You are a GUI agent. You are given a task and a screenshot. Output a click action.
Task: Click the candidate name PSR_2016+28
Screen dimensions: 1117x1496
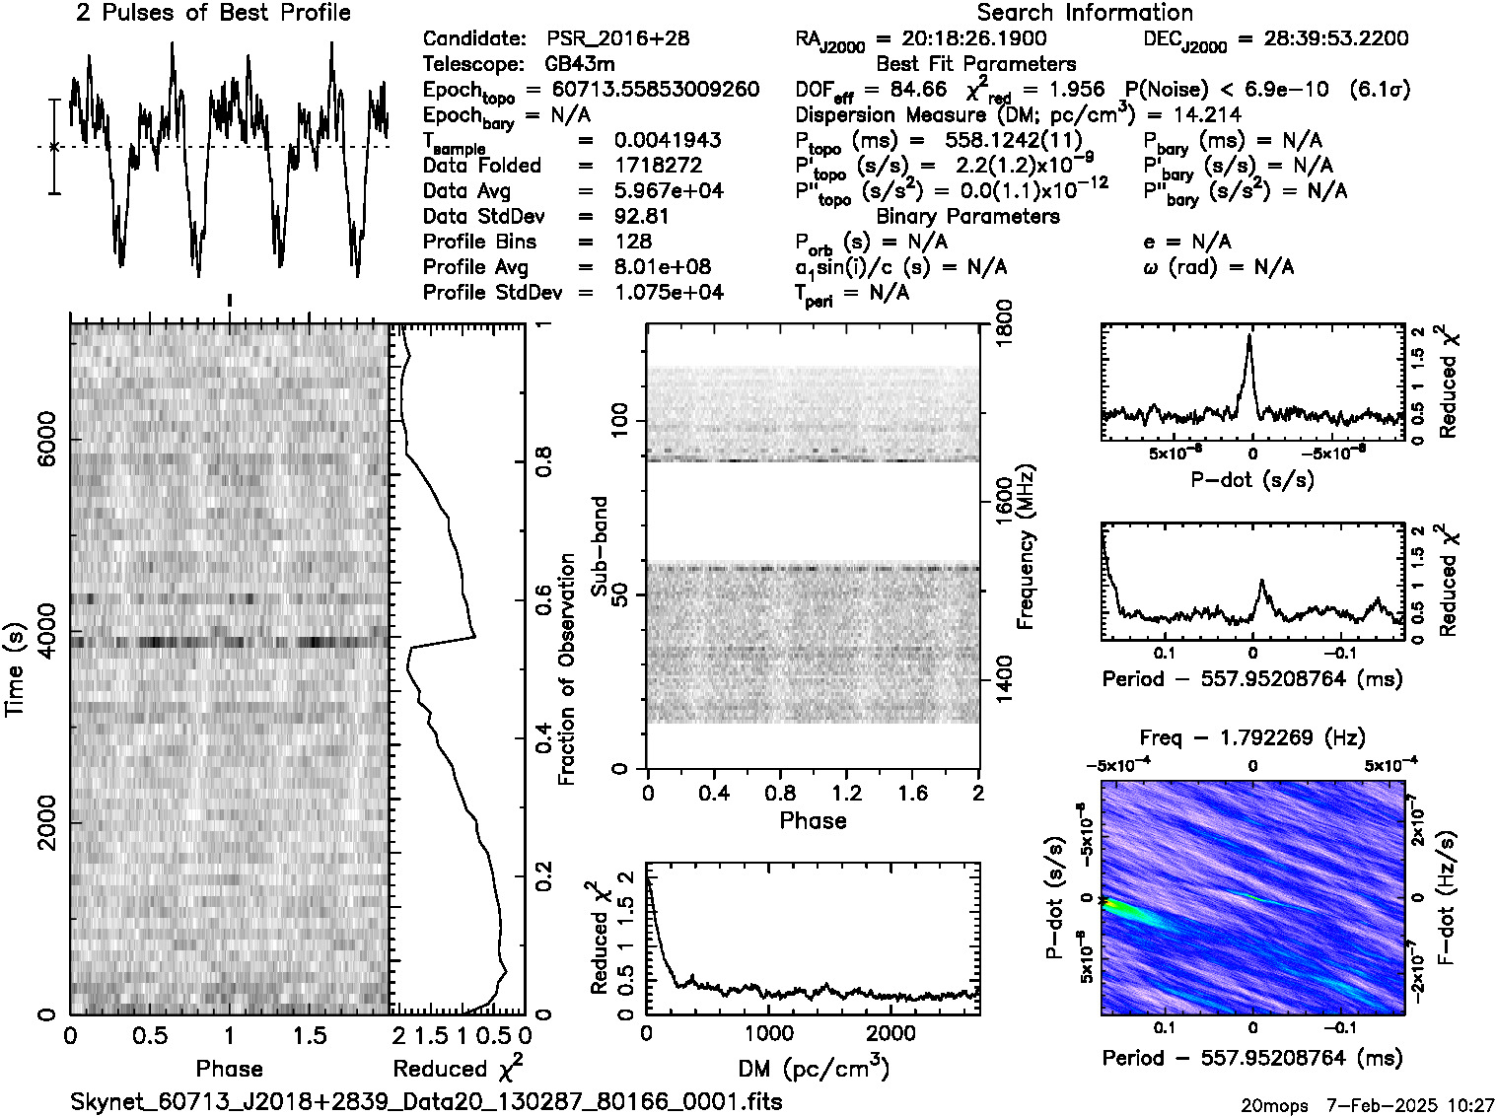[x=618, y=39]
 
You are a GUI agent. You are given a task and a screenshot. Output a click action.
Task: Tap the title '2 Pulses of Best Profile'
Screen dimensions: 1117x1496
[x=213, y=14]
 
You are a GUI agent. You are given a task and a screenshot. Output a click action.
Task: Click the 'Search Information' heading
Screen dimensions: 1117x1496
[x=1085, y=14]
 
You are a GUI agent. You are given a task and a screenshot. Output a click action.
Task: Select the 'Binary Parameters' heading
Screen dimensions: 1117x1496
[x=967, y=217]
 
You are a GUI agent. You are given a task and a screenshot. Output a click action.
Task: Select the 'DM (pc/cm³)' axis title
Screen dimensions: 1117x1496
[x=813, y=1068]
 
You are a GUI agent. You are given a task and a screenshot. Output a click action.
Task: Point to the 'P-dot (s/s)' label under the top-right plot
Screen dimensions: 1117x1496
[x=1252, y=479]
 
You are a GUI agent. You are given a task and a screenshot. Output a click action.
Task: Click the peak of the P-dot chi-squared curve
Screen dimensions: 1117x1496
[x=1248, y=336]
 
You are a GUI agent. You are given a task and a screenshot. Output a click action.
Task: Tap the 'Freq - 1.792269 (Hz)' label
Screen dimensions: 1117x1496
[x=1252, y=737]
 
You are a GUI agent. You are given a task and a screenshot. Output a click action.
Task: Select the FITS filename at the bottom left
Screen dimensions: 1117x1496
[x=427, y=1101]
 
